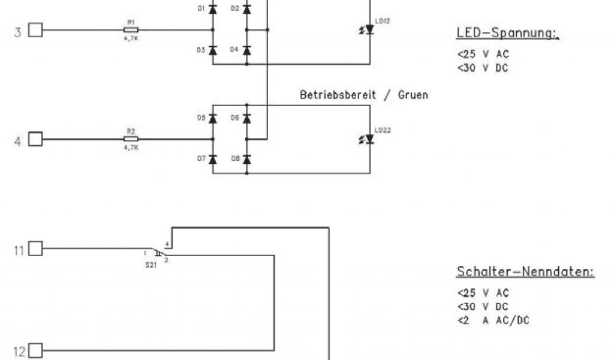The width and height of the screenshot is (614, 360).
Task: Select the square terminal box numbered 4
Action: (36, 139)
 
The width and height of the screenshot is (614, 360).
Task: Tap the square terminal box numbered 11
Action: (36, 248)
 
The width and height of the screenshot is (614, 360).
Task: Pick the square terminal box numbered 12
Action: (36, 351)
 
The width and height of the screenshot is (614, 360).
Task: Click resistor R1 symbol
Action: (131, 29)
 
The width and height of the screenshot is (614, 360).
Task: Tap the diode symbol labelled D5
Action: (212, 119)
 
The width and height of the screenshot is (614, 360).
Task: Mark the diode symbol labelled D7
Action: (212, 159)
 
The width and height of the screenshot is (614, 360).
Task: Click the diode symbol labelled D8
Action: (246, 159)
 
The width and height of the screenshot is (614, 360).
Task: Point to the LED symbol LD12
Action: (369, 29)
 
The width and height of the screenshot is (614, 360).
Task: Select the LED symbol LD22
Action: (369, 139)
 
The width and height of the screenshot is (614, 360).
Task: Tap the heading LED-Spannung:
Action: (507, 34)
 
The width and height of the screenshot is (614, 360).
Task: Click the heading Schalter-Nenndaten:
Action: (525, 272)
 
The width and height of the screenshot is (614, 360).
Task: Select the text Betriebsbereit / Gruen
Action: (364, 95)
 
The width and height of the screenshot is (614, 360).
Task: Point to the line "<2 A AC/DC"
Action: (493, 320)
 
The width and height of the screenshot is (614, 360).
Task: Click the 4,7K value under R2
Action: (131, 147)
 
